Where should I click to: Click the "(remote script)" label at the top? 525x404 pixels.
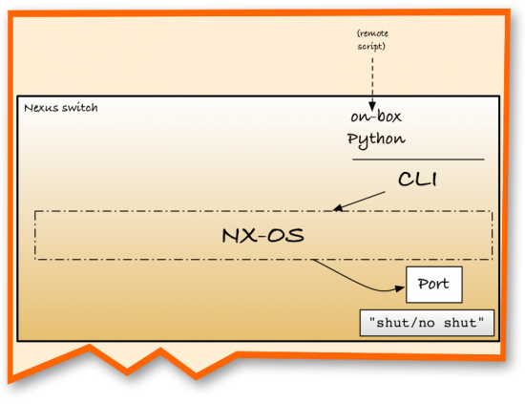pos(371,39)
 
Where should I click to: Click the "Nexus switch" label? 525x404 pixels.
pos(60,107)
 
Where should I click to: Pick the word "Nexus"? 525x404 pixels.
pos(40,107)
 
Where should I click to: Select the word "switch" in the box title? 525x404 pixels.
pos(80,107)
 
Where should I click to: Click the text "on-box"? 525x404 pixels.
pos(376,118)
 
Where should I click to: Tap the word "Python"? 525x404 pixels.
pos(375,138)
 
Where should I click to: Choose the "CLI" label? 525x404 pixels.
pos(417,179)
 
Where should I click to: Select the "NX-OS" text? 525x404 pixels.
pos(262,234)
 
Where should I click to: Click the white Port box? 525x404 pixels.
pos(434,285)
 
